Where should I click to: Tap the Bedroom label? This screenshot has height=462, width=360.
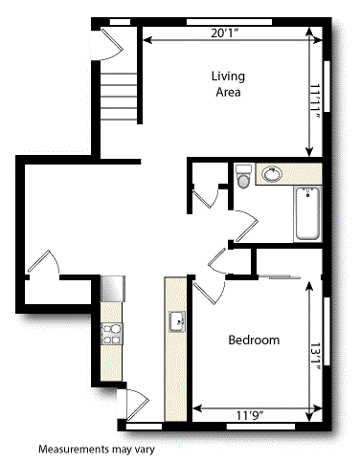(254, 341)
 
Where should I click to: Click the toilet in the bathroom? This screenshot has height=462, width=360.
(244, 177)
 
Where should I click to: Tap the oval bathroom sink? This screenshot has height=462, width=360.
(272, 174)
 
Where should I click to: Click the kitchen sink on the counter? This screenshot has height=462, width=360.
(177, 320)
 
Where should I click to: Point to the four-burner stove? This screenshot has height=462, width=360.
(113, 332)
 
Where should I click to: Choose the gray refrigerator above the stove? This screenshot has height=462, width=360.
(113, 287)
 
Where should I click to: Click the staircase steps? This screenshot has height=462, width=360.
(119, 96)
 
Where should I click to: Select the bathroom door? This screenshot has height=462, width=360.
(244, 227)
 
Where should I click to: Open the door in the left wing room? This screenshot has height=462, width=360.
(42, 263)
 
